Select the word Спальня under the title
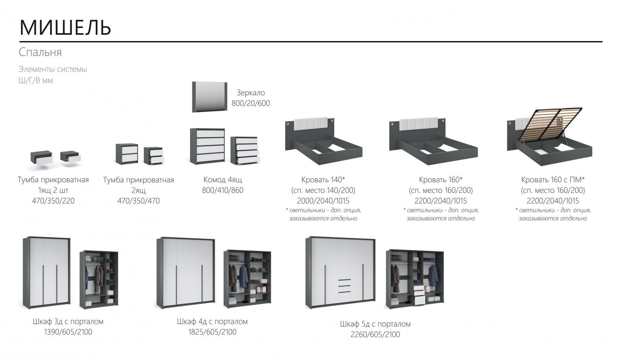[40, 52]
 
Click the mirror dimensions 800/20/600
[251, 103]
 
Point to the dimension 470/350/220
[53, 201]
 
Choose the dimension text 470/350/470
[139, 201]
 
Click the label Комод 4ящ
[223, 180]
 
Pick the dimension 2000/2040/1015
[323, 201]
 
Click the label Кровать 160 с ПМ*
[553, 180]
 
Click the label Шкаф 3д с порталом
[68, 321]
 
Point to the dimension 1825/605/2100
[212, 332]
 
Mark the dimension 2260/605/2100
[375, 334]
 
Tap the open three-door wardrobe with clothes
[99, 280]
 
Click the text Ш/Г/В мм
[36, 81]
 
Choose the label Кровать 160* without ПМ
[441, 180]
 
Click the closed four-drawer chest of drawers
[207, 146]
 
